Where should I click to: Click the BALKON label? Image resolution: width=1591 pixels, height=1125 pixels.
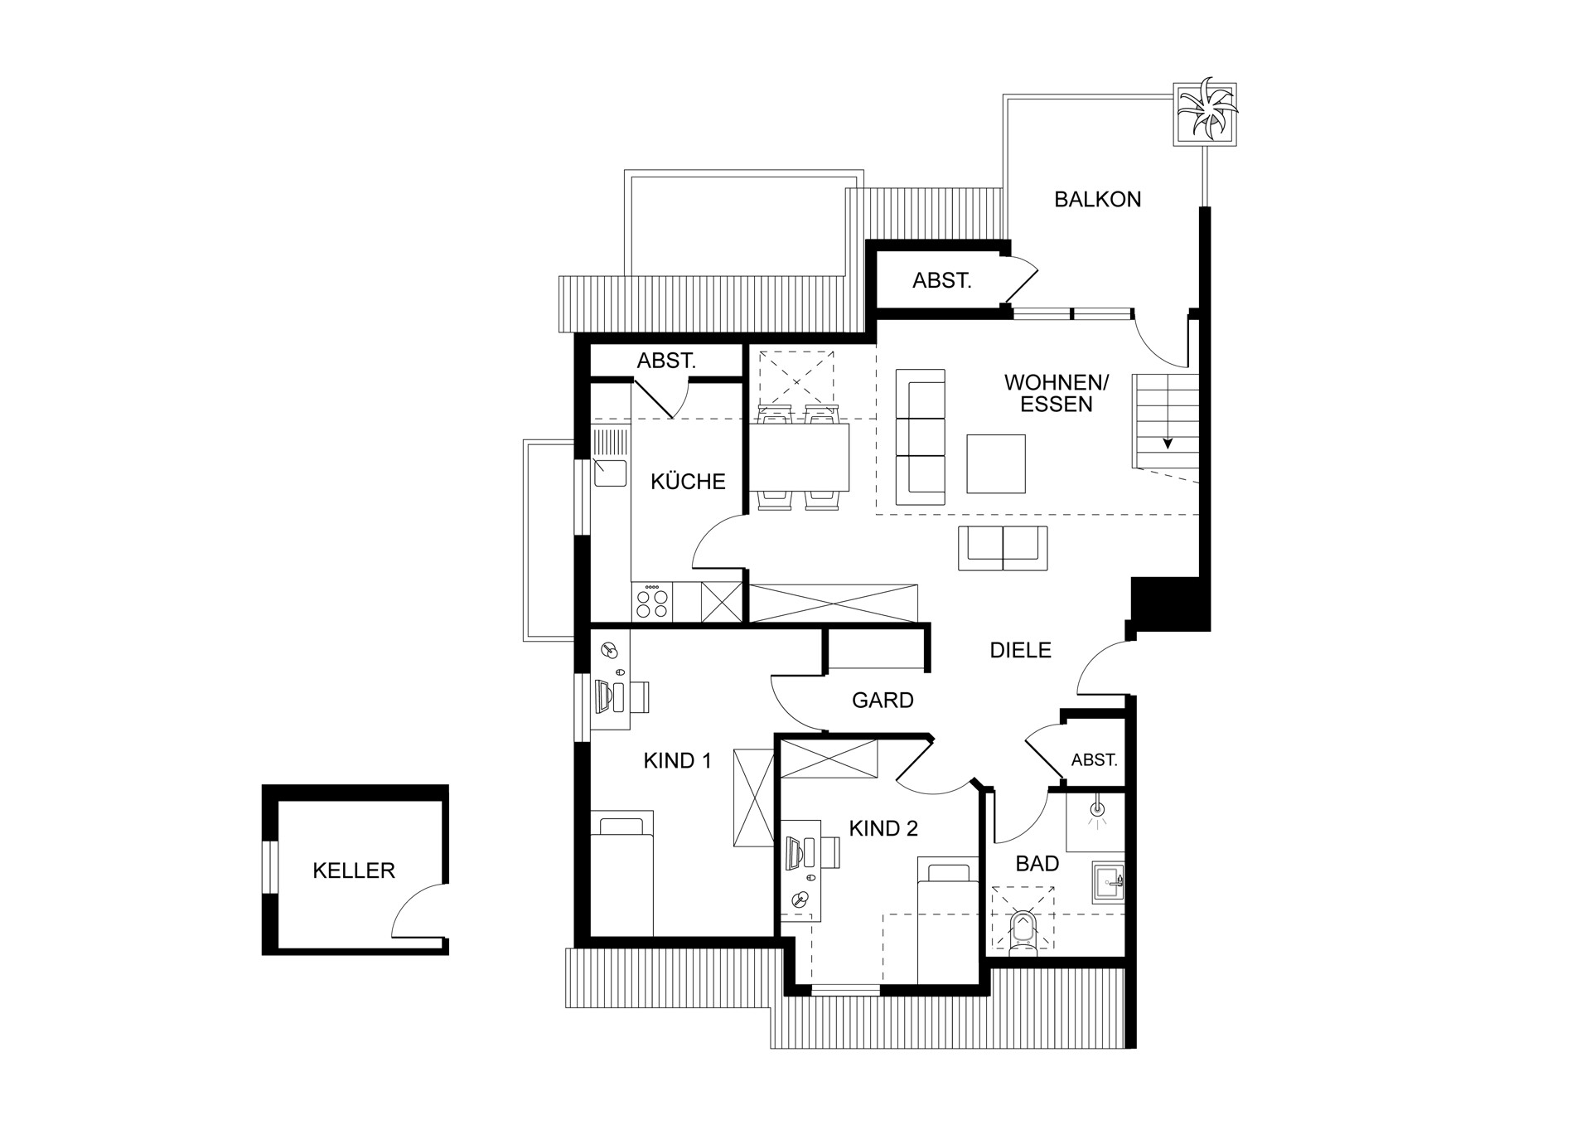click(1097, 199)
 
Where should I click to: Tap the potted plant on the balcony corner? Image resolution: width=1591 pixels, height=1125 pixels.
click(1206, 114)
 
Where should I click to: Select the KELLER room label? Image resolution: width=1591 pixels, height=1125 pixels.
click(354, 870)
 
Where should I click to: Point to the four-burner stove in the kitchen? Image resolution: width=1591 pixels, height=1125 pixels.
click(651, 601)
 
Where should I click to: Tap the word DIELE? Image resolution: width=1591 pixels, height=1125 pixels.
click(1021, 651)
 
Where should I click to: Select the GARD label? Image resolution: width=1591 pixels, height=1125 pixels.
click(883, 701)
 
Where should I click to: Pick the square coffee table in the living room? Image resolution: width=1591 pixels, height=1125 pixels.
click(996, 463)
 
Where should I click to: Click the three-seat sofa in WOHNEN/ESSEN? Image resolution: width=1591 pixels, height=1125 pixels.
click(921, 437)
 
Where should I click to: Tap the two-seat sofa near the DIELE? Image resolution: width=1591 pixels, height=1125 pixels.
click(1003, 548)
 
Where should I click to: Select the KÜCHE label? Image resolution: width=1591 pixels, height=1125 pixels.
click(688, 482)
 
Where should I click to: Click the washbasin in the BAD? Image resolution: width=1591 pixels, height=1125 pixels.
click(1109, 882)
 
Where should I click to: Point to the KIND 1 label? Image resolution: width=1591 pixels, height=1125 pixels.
click(677, 761)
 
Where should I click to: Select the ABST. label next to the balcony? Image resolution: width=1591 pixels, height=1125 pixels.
click(941, 281)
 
